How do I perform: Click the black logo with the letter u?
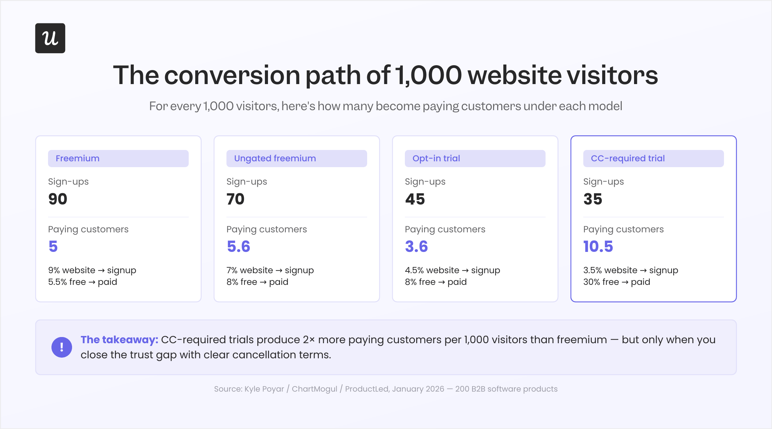[x=50, y=38]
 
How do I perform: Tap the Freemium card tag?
[x=118, y=158]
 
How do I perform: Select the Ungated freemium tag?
[x=297, y=158]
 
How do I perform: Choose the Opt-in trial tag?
[x=475, y=158]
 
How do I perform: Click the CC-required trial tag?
[x=654, y=158]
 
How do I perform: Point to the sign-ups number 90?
[x=58, y=199]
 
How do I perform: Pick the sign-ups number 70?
[x=235, y=199]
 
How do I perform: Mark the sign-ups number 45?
[x=415, y=199]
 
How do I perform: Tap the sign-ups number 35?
[x=593, y=199]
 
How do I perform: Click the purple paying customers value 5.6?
[x=238, y=246]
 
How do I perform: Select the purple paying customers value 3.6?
[x=417, y=246]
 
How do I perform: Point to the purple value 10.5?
[x=598, y=246]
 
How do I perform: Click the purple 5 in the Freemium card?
[x=53, y=246]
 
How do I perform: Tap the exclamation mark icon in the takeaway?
[x=62, y=347]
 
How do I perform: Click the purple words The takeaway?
[x=119, y=340]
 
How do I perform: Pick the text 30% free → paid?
[x=617, y=282]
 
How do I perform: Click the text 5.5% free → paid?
[x=83, y=282]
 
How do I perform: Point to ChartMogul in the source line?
[x=315, y=389]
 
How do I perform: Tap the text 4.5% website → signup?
[x=453, y=270]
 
